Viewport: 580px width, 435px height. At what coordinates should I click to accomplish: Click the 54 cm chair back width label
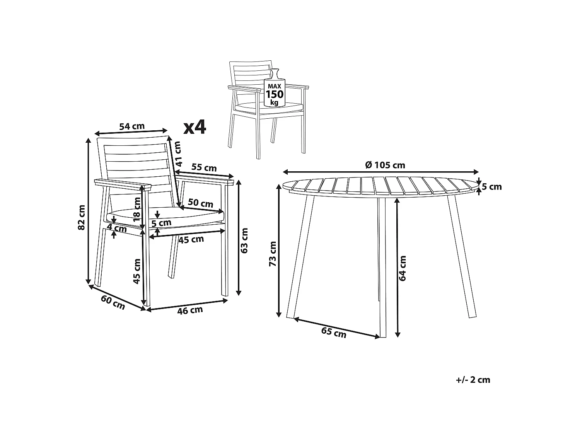131,126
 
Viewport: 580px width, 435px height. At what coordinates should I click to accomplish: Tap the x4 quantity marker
195,127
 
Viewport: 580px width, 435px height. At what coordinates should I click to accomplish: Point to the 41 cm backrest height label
177,154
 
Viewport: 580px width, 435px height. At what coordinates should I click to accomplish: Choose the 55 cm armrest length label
204,168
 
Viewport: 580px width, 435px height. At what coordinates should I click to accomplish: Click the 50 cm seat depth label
200,203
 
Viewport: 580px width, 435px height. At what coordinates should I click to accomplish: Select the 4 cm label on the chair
117,228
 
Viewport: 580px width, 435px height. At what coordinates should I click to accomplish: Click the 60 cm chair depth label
113,302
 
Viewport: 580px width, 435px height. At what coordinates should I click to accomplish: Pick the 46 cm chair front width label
190,310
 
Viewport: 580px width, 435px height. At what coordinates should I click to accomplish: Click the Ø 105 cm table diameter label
385,165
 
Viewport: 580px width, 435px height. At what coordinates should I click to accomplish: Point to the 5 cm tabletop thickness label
492,187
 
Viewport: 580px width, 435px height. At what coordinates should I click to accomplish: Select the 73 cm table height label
273,254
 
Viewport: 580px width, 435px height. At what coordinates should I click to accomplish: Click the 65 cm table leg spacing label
334,332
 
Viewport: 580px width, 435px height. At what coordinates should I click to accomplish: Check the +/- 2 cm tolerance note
473,380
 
